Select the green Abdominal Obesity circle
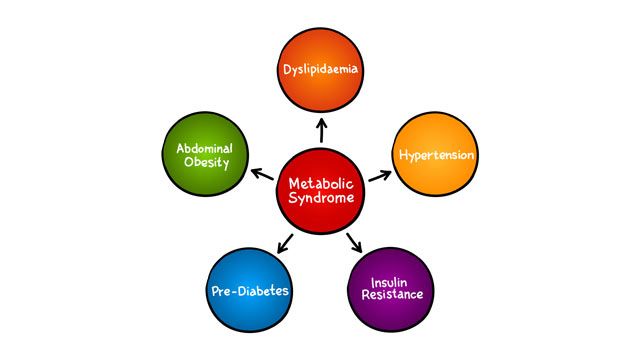click(x=204, y=156)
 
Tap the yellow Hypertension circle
click(x=436, y=156)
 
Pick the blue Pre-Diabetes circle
click(x=249, y=291)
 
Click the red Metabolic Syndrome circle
click(x=320, y=191)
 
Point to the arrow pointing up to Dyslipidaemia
click(x=320, y=128)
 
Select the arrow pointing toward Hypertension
click(x=379, y=173)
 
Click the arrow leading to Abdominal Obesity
click(x=261, y=175)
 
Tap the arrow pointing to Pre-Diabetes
click(x=284, y=242)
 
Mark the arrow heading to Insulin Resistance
click(x=355, y=241)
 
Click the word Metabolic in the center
click(x=320, y=184)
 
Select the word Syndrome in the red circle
click(x=320, y=200)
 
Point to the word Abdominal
click(x=204, y=148)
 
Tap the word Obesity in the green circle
click(x=204, y=164)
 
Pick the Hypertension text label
click(x=436, y=156)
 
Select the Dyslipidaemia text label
click(x=320, y=70)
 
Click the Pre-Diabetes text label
click(x=249, y=291)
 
